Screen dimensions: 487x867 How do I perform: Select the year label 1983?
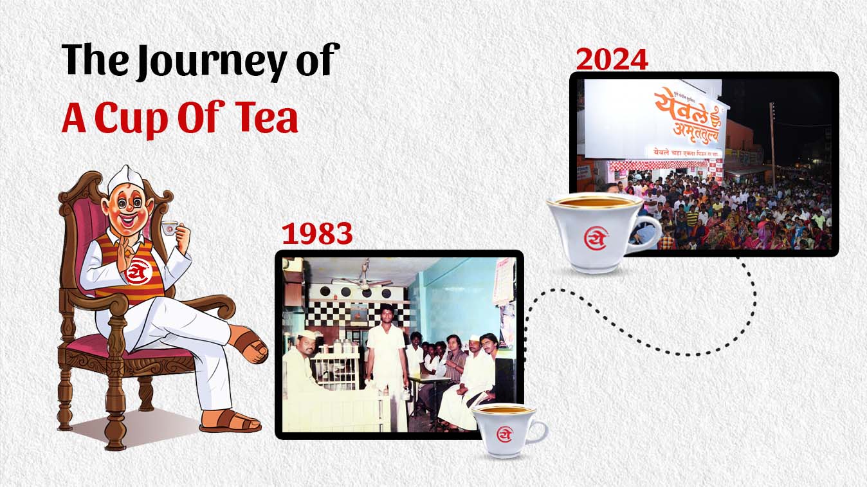317,235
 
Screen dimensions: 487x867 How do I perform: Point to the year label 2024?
611,59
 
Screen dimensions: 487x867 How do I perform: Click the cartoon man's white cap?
128,179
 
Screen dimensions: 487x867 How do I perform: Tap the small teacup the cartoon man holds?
169,228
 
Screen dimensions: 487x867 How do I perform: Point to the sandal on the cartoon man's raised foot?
251,344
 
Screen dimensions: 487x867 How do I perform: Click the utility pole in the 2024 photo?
772,142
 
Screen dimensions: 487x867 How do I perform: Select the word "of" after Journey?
318,61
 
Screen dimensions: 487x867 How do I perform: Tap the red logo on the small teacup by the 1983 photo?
505,435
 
